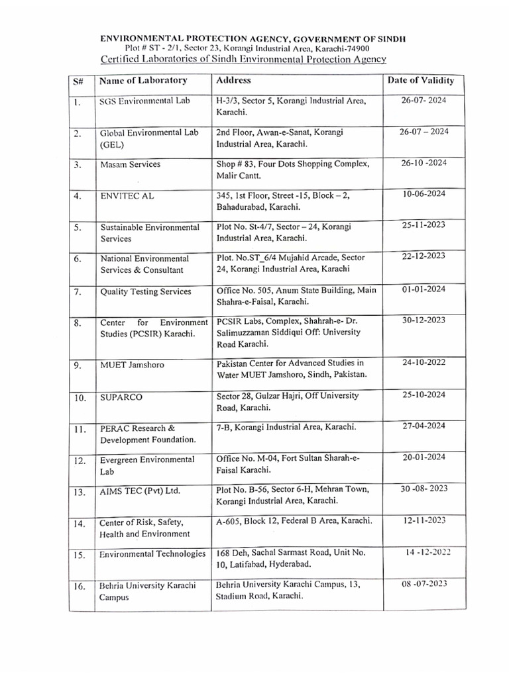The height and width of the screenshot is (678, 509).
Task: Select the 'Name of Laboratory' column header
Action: coord(143,81)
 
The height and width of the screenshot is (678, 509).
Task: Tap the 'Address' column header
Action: coord(233,81)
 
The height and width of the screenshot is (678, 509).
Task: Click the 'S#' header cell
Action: coord(78,82)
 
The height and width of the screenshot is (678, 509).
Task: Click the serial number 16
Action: coord(80,587)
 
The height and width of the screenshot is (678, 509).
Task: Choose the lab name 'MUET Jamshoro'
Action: coord(132,365)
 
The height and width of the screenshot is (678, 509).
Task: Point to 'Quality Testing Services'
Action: coord(145,291)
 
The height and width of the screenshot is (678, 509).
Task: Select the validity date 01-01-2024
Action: coord(424,289)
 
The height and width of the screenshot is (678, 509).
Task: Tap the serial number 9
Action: coord(78,365)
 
